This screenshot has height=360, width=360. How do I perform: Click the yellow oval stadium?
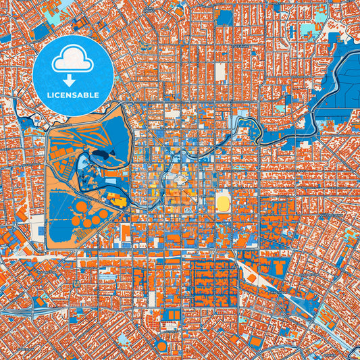point(223,201)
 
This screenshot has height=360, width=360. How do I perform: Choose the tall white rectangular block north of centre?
point(220,71)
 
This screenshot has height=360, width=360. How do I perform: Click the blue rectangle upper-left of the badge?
point(41,30)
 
